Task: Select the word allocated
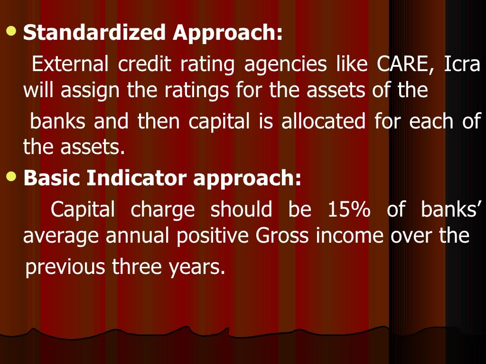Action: [323, 121]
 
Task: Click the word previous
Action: [65, 267]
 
